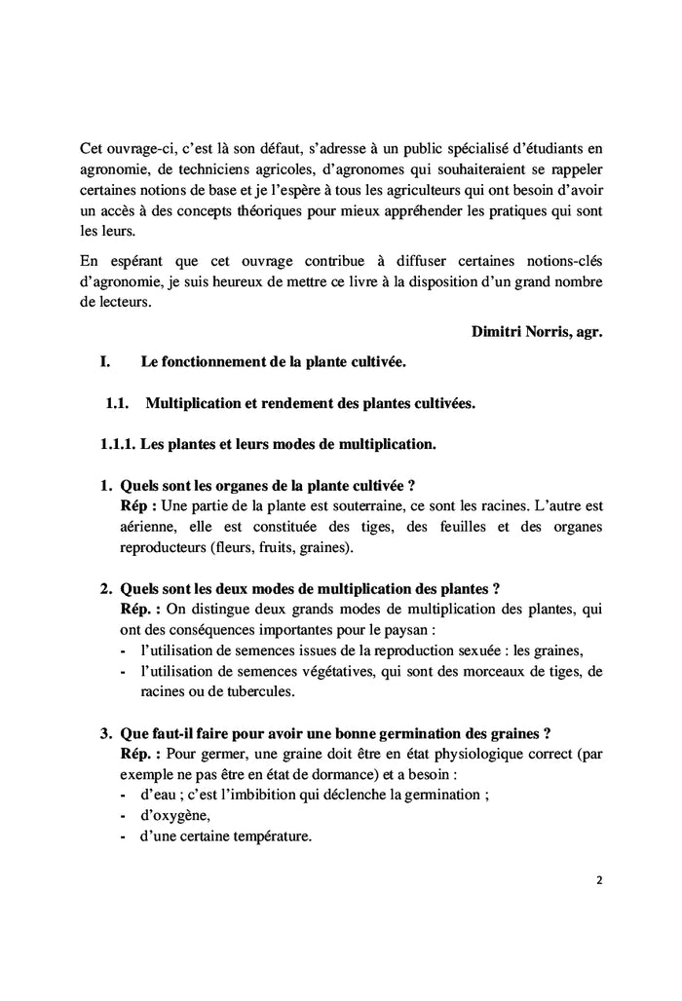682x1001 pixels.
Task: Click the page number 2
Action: point(599,879)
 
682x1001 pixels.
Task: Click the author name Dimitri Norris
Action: point(523,331)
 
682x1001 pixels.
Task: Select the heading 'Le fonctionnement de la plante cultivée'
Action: point(273,362)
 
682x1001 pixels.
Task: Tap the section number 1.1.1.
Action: point(117,444)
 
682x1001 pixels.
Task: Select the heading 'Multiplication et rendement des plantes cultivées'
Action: point(310,403)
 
